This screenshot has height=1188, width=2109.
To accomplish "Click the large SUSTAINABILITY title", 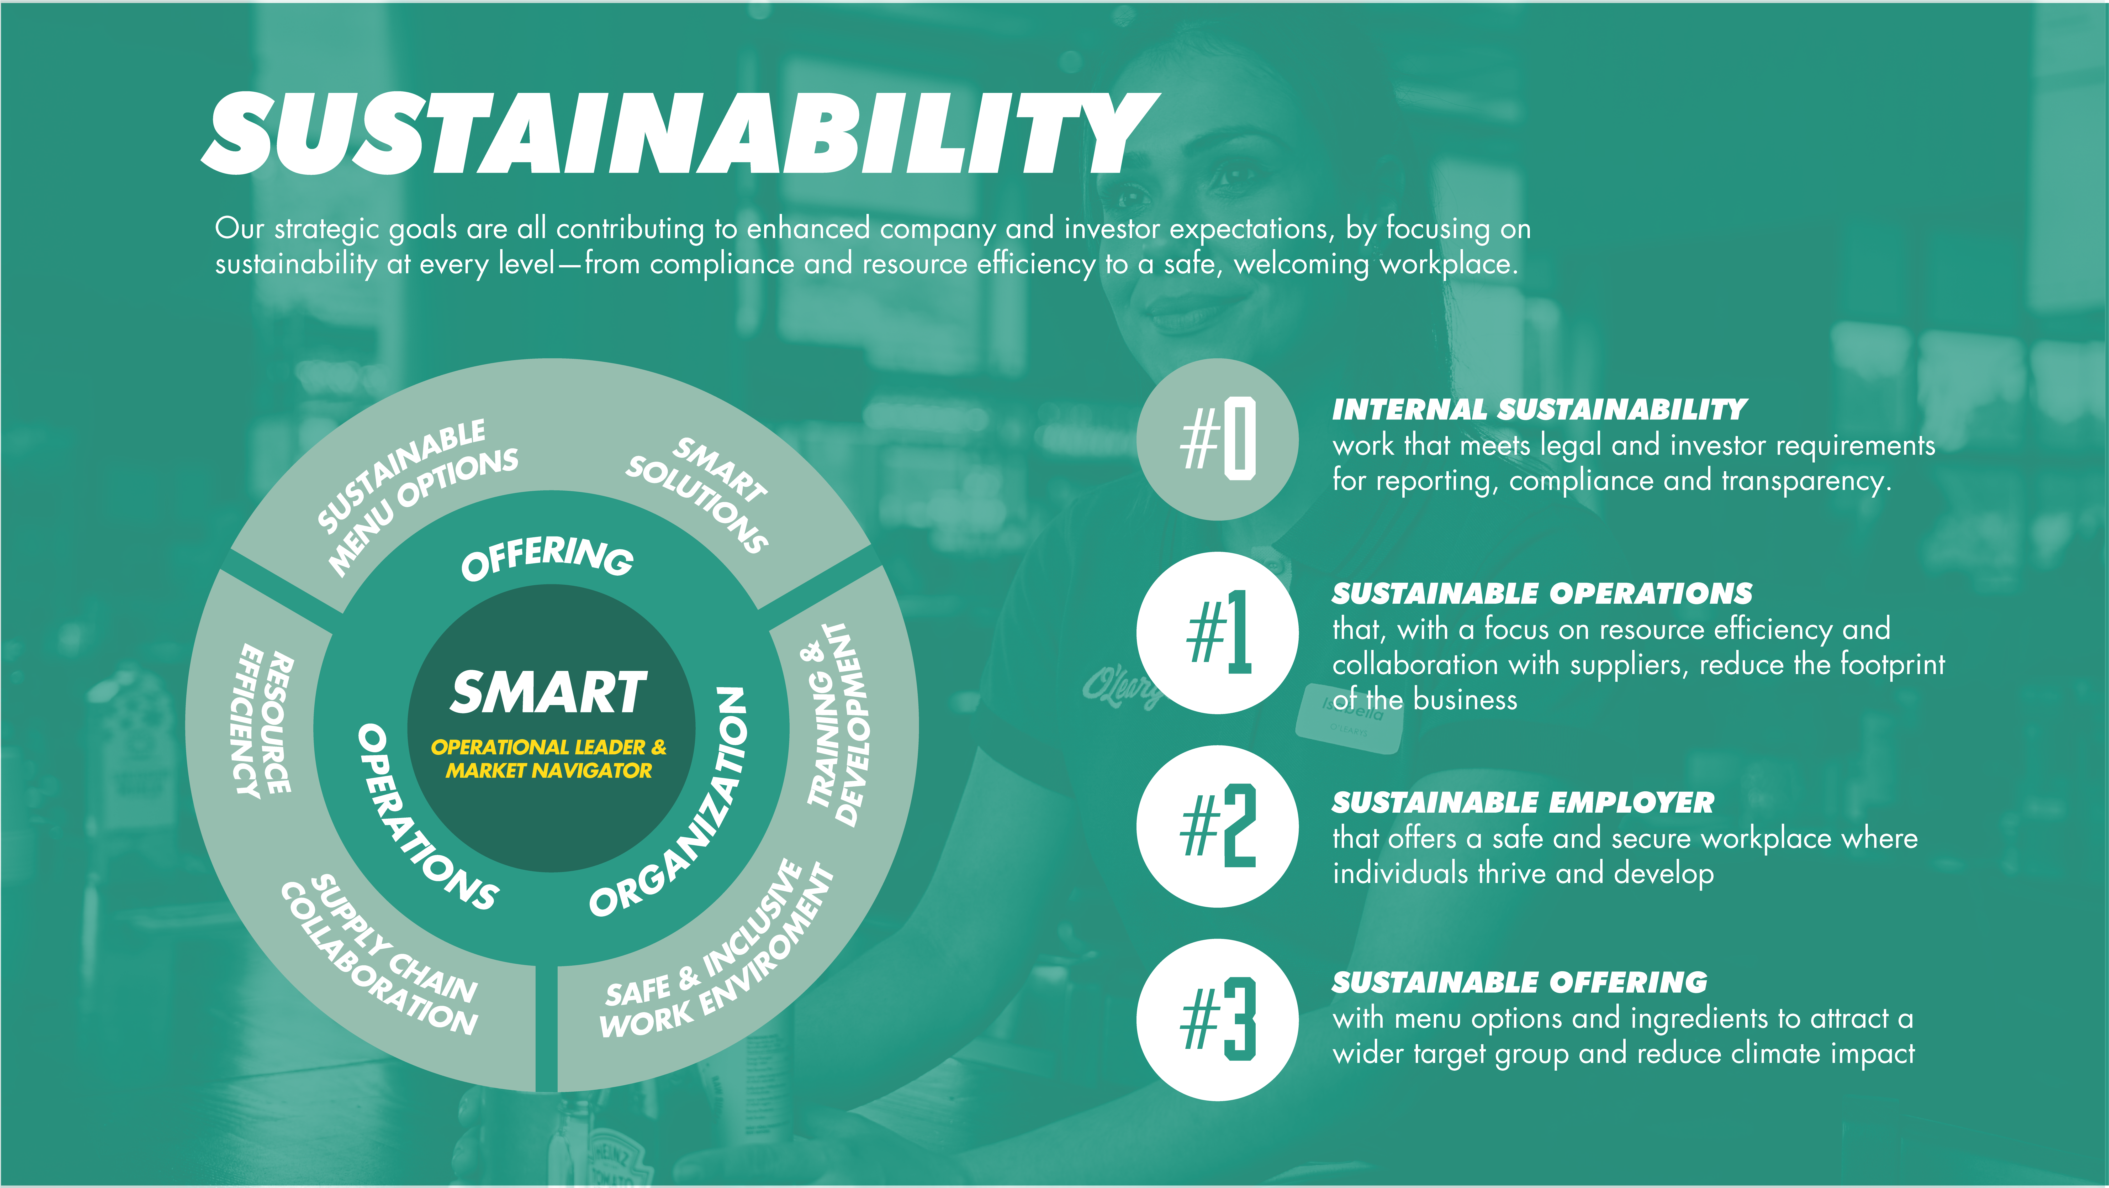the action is pyautogui.click(x=680, y=133).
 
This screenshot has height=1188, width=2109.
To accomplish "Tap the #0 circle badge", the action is pyautogui.click(x=1217, y=439).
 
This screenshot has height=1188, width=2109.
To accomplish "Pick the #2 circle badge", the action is pyautogui.click(x=1217, y=826).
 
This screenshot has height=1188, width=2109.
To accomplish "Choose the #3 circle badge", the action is pyautogui.click(x=1217, y=1019).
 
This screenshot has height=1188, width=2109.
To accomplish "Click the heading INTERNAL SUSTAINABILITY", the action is pyautogui.click(x=1539, y=409).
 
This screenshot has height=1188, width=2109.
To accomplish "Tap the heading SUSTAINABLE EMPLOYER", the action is pyautogui.click(x=1523, y=802).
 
